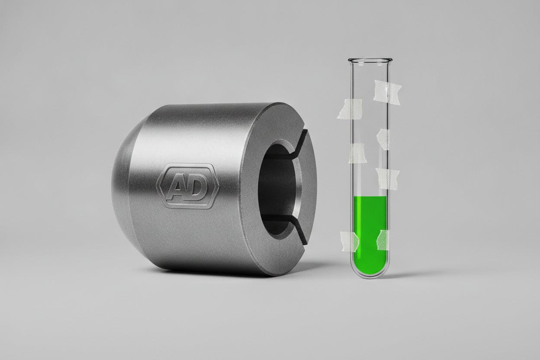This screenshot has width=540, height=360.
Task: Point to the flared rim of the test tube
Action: tap(370, 60)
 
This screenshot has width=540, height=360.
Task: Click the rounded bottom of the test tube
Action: tap(370, 272)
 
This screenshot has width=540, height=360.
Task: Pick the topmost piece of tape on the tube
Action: tap(387, 92)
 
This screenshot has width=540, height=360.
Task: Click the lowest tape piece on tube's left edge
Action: tap(349, 241)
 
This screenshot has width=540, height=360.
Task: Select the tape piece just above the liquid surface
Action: tap(387, 179)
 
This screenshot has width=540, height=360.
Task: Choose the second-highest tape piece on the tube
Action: tap(350, 109)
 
